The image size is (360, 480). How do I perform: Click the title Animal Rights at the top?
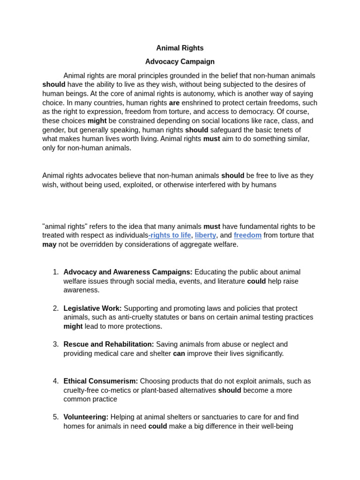[x=180, y=48]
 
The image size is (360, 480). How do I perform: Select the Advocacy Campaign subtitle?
[x=180, y=61]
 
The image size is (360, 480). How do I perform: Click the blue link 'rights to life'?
[x=170, y=235]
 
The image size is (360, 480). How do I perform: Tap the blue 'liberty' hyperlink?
[x=205, y=235]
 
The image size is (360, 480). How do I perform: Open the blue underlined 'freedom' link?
[x=247, y=235]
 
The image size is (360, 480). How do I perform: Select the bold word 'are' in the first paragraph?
[x=174, y=103]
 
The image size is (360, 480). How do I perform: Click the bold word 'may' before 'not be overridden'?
[x=49, y=244]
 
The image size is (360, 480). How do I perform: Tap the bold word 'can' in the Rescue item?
[x=179, y=353]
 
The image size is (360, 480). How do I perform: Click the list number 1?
[x=56, y=272]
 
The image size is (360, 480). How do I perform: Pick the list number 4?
[x=56, y=381]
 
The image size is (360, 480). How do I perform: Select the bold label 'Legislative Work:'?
[x=92, y=308]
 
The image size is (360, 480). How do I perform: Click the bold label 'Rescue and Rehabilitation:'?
[x=109, y=345]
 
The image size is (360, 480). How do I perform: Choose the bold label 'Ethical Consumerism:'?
[x=101, y=381]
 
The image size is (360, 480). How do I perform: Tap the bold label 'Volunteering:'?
[x=86, y=417]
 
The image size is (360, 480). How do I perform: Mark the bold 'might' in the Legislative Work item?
[x=73, y=326]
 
